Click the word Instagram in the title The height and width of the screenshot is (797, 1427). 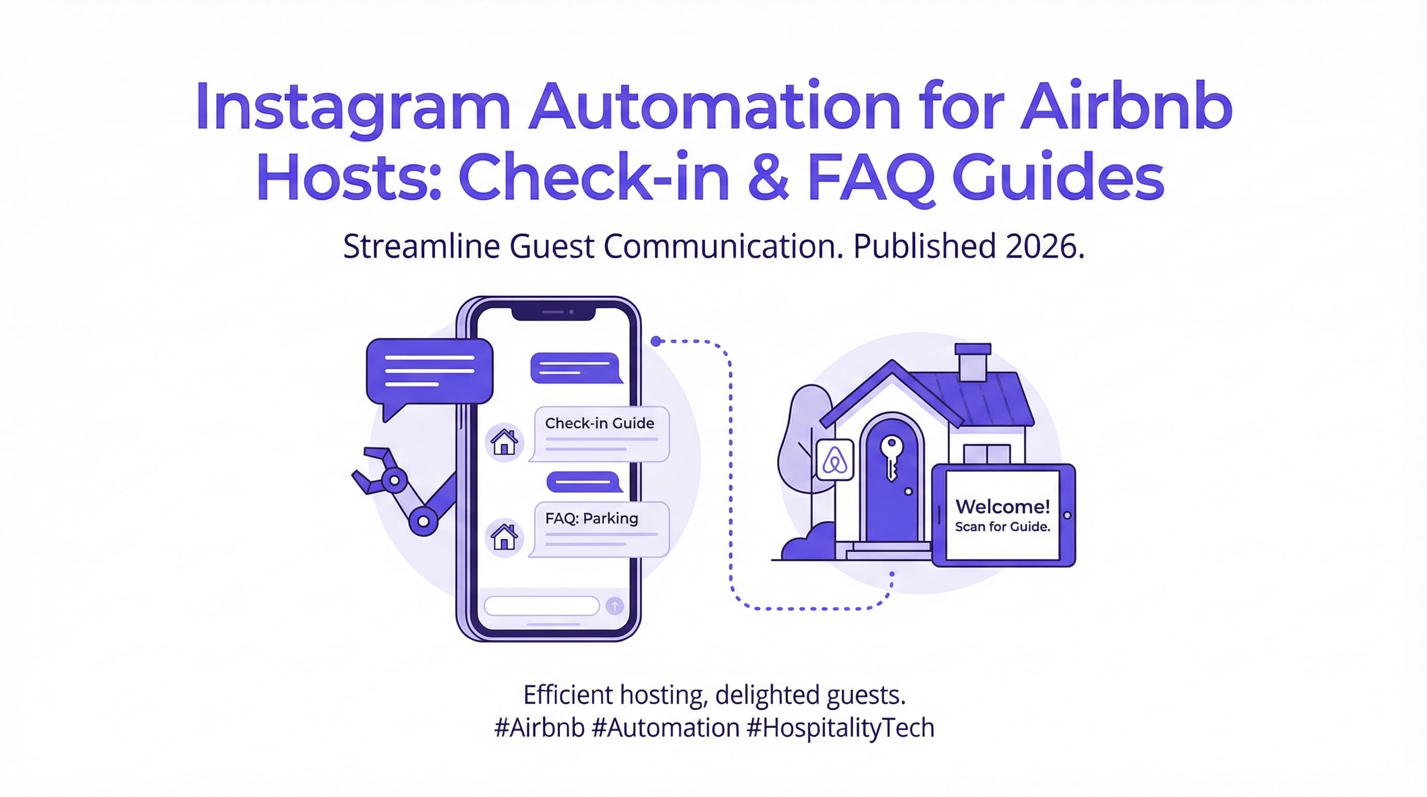(x=352, y=107)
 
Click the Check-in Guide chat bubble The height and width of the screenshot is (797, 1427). (x=600, y=434)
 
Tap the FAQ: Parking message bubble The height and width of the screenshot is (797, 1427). (x=600, y=529)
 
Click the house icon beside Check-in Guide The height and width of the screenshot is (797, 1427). (x=504, y=442)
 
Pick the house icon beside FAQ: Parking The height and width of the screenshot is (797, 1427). (x=504, y=537)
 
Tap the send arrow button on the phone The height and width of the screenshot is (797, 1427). (x=614, y=606)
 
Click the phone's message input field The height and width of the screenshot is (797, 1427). (x=541, y=606)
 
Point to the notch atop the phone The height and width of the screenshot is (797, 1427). (x=553, y=313)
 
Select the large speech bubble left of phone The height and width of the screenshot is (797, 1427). (x=429, y=372)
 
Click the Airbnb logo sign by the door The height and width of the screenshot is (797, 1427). (x=835, y=459)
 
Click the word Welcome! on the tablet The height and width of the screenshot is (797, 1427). (x=1003, y=506)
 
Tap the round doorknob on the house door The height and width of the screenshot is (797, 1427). (x=908, y=491)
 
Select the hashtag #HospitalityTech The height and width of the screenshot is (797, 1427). (x=841, y=727)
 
